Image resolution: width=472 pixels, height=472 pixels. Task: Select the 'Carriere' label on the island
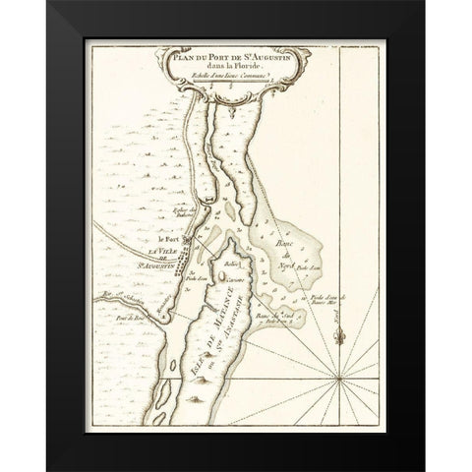[x=235, y=279]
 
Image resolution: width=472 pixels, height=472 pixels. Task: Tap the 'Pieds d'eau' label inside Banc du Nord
[x=308, y=266]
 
